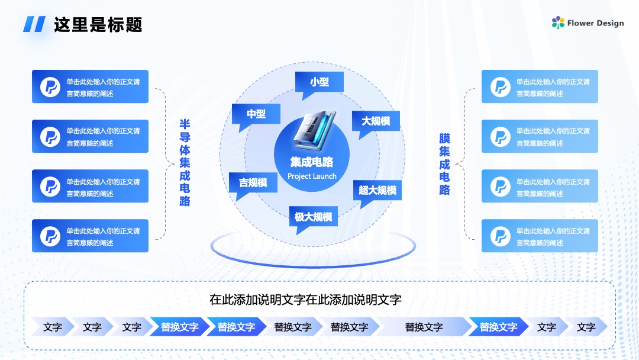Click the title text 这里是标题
98,24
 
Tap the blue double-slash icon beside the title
34,24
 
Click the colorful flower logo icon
558,22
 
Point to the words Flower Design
595,23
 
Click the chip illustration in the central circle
315,130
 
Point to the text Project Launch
312,176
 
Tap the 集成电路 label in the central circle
312,162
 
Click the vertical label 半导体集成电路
185,163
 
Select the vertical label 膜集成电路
444,164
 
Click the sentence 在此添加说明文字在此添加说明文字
305,300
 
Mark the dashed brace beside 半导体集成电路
166,164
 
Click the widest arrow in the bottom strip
424,327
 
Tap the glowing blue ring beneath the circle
313,265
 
